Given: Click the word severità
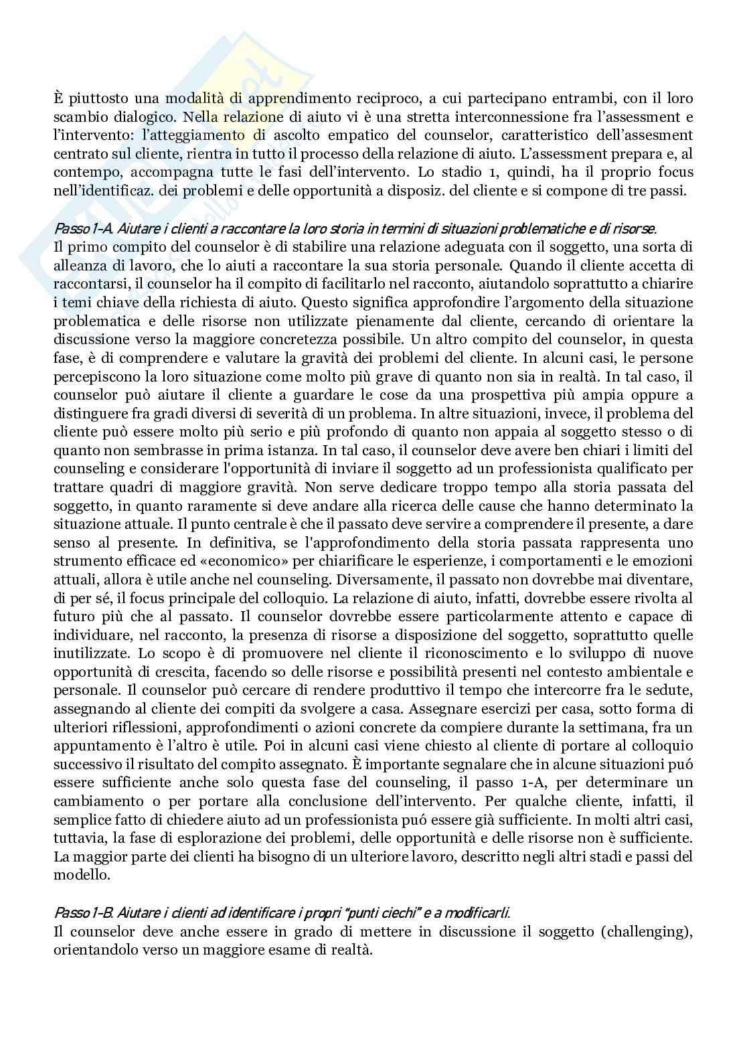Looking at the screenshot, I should pyautogui.click(x=302, y=413).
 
